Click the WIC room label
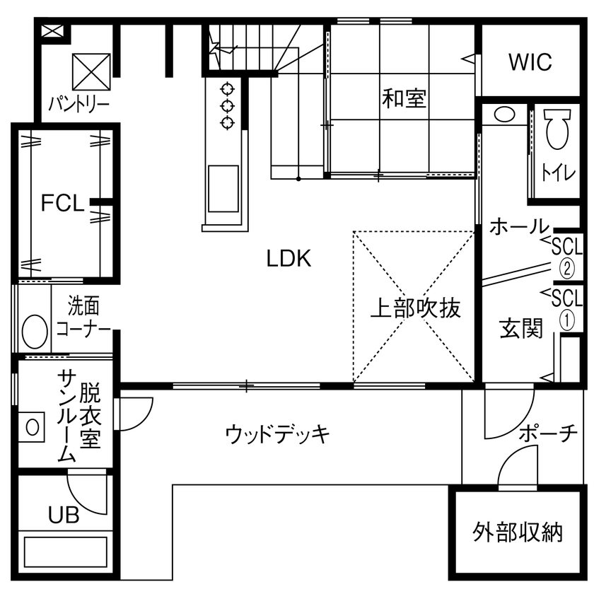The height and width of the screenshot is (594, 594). [x=530, y=62]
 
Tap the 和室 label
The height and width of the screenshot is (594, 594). [x=404, y=98]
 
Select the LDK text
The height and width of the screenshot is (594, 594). [x=289, y=259]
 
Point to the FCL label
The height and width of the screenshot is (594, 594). [x=62, y=204]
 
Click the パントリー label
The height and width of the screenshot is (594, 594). [x=78, y=106]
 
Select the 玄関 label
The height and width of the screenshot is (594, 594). [x=521, y=328]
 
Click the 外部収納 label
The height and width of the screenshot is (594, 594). [x=518, y=532]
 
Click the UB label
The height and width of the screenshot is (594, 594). [x=64, y=515]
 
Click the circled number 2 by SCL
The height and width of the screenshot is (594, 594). [x=567, y=269]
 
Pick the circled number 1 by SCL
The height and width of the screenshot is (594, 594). [x=567, y=319]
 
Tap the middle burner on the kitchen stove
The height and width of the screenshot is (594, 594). [x=227, y=106]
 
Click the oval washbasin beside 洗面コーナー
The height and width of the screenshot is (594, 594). [x=33, y=330]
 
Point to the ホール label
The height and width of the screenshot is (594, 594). [x=519, y=227]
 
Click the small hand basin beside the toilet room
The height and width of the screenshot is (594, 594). [x=504, y=114]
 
